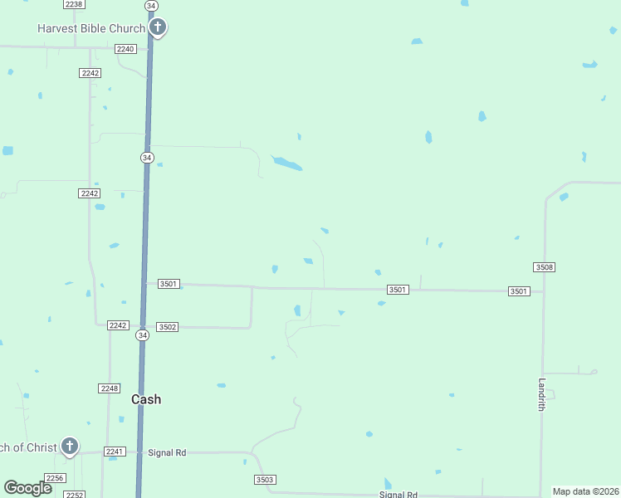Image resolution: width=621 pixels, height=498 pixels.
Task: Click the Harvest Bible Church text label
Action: tap(91, 28)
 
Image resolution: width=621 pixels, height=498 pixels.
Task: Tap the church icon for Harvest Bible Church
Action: tap(158, 28)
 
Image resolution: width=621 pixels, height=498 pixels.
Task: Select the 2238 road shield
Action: tap(73, 5)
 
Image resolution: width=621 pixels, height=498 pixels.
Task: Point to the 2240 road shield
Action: tap(125, 49)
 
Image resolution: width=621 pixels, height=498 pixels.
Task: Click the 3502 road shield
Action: tap(167, 327)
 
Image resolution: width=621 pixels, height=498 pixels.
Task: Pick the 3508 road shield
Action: tap(544, 267)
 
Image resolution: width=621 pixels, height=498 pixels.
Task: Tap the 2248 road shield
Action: tap(109, 388)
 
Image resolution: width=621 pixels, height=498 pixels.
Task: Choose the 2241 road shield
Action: tap(115, 452)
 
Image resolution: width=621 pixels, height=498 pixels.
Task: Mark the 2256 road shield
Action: tap(55, 478)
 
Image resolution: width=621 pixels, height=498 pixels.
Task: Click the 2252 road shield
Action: tap(75, 495)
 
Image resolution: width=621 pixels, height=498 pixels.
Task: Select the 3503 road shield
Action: tap(265, 480)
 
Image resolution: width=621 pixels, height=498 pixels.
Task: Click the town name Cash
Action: tap(146, 399)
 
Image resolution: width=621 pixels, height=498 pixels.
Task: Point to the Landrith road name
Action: tap(541, 394)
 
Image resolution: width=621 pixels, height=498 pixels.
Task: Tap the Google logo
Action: tap(27, 488)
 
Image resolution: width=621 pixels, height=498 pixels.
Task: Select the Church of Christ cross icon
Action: tap(70, 447)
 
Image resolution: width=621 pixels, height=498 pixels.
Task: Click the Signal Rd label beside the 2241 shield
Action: tap(167, 452)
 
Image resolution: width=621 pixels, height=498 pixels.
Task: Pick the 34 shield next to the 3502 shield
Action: tap(143, 335)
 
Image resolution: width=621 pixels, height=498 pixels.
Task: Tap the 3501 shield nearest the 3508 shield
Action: tap(519, 291)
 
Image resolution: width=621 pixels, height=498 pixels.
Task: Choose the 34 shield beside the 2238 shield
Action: tap(150, 5)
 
